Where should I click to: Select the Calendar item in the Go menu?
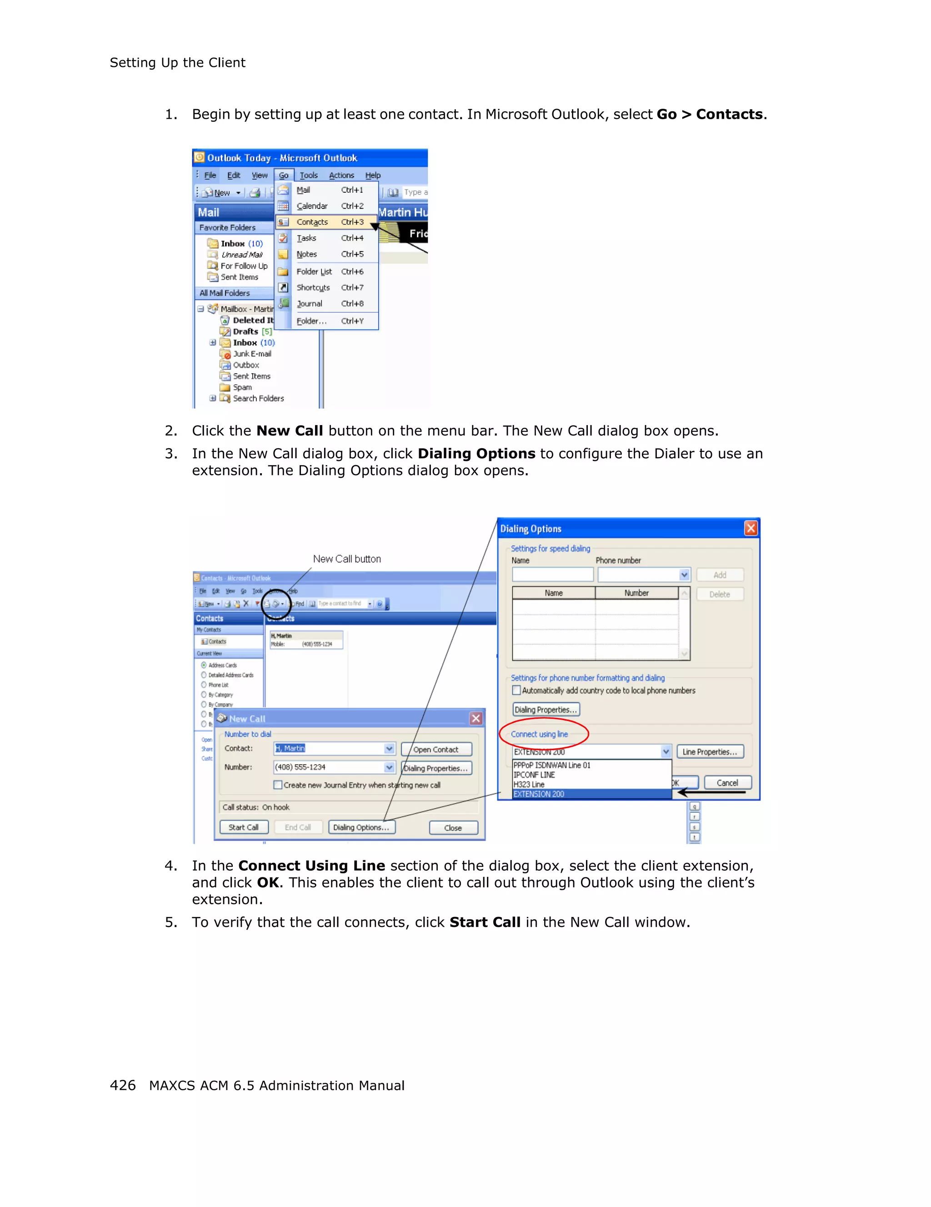click(312, 206)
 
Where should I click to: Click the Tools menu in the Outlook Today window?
click(308, 175)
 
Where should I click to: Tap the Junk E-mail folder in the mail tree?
click(252, 354)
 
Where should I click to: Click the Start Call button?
click(244, 827)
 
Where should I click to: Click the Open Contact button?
click(436, 749)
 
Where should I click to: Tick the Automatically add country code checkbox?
click(516, 690)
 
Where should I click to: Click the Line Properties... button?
click(710, 751)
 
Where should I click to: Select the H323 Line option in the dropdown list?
click(529, 784)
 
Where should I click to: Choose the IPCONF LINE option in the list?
click(534, 775)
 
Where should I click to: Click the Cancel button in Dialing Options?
click(727, 782)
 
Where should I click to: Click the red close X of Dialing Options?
click(751, 528)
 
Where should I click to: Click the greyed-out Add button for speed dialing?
click(719, 575)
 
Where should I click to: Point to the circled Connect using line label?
click(539, 734)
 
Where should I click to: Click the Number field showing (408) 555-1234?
click(328, 767)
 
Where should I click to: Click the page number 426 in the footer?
click(123, 1086)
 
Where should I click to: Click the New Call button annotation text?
click(347, 559)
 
